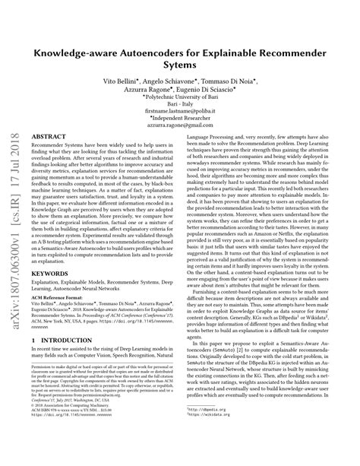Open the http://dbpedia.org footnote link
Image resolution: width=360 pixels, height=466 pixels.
(227, 430)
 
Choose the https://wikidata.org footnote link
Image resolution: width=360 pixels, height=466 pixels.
(228, 436)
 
